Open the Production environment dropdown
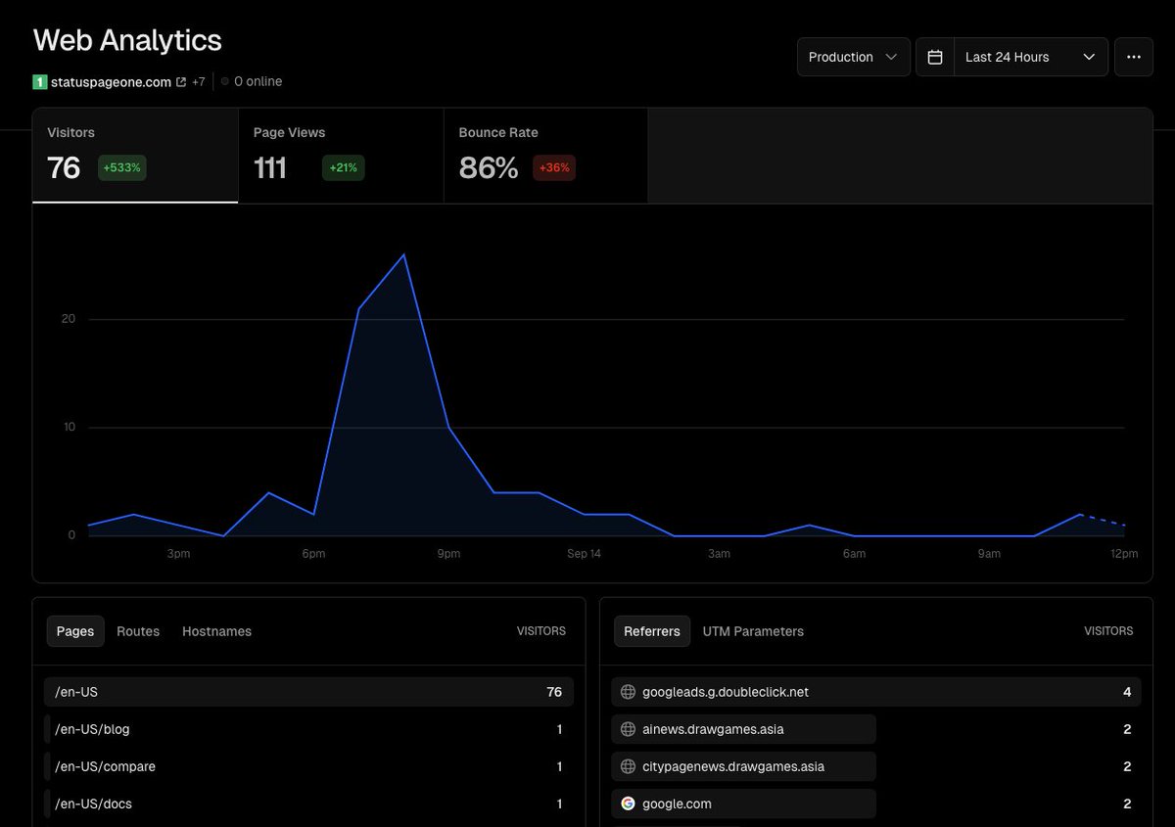(853, 57)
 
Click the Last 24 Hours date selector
(1028, 57)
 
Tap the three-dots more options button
(1133, 57)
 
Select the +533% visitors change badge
(121, 167)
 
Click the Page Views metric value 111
(270, 167)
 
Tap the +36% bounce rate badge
(553, 167)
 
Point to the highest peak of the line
(403, 254)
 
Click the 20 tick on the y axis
(69, 319)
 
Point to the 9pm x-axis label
(448, 554)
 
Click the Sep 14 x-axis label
(584, 554)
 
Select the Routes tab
(138, 631)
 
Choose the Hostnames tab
(216, 631)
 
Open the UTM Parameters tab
(753, 631)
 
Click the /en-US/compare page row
(106, 766)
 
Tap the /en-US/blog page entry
(93, 729)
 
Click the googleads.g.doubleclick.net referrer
(726, 692)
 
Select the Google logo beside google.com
(629, 804)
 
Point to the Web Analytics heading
(127, 40)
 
